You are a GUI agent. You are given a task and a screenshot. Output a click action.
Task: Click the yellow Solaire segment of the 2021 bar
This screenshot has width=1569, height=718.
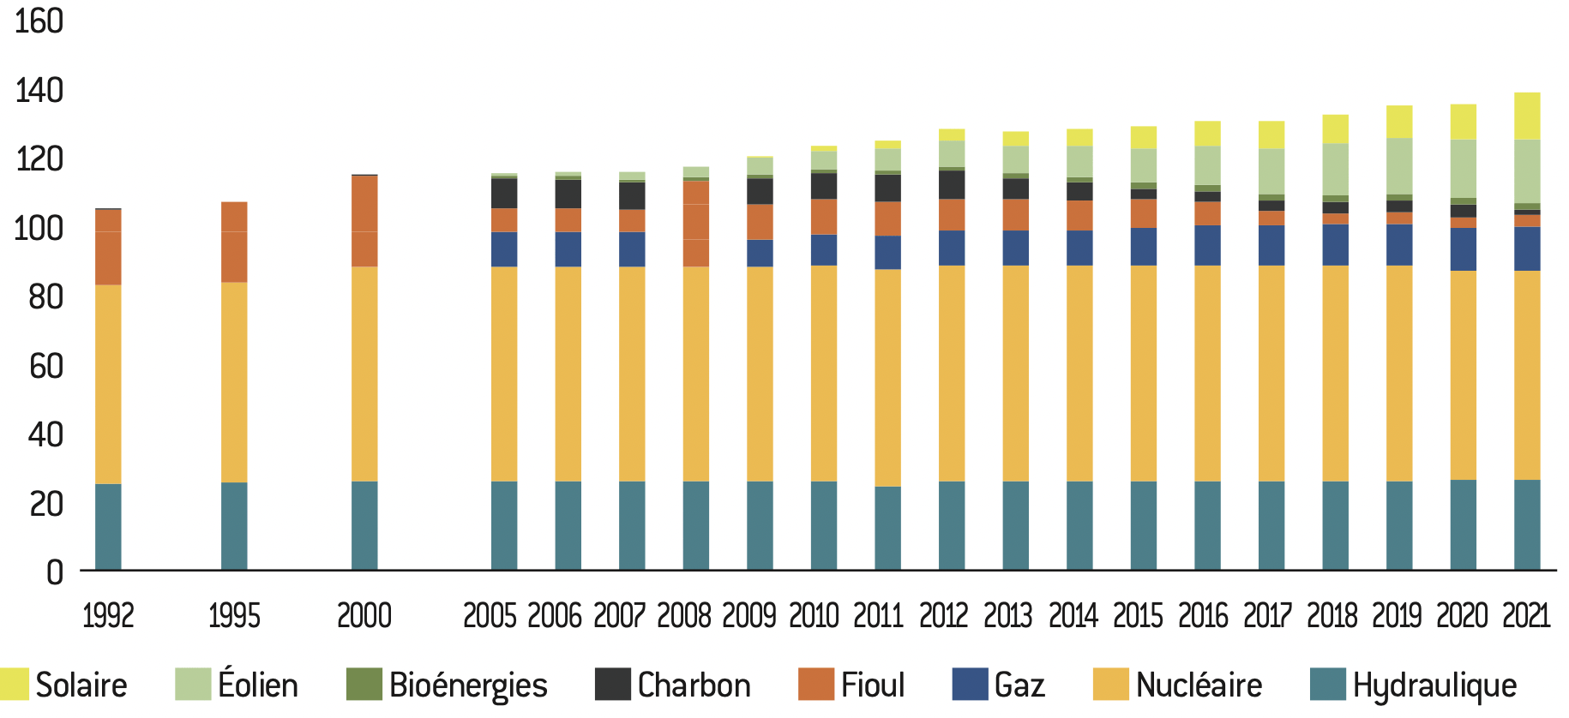tap(1527, 116)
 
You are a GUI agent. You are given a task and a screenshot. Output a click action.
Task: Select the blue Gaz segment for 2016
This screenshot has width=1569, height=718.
tap(1207, 245)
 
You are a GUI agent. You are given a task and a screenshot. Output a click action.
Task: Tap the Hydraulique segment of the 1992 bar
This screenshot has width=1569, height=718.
tap(108, 527)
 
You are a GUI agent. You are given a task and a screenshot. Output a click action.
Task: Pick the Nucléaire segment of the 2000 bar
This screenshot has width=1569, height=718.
tap(364, 374)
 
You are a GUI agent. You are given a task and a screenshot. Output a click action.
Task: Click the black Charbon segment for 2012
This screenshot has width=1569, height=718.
tap(952, 184)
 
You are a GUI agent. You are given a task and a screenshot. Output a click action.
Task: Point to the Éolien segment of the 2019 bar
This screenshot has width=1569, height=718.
tap(1399, 166)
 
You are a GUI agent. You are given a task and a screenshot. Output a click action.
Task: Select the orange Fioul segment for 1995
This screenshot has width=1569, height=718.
tap(234, 242)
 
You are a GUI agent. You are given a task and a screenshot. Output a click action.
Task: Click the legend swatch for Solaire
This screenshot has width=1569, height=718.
tap(15, 685)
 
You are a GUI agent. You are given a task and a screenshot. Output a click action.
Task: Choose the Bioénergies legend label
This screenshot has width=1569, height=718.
tap(468, 685)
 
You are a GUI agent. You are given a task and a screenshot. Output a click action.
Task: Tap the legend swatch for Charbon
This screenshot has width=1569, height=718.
tap(612, 685)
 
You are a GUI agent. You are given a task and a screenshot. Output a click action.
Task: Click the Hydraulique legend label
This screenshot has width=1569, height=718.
tap(1434, 685)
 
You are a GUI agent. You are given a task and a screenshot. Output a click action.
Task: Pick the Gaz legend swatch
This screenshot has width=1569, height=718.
tap(970, 685)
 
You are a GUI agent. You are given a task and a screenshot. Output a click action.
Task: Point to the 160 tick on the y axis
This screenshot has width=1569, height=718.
tap(39, 21)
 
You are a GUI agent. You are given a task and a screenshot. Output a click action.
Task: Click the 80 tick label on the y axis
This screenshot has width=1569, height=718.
tap(45, 297)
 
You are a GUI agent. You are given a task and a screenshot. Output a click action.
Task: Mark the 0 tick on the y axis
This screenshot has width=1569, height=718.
tap(55, 572)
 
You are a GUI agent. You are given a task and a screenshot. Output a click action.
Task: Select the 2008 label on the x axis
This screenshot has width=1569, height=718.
tap(684, 615)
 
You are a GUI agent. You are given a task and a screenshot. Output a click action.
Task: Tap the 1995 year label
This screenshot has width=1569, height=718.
tap(234, 615)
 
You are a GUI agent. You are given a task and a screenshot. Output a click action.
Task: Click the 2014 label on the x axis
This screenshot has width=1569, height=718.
tap(1073, 615)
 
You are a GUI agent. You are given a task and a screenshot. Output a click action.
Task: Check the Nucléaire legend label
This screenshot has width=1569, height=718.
tap(1199, 685)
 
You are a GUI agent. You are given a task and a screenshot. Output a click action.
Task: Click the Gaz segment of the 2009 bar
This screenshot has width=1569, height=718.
tap(760, 253)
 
